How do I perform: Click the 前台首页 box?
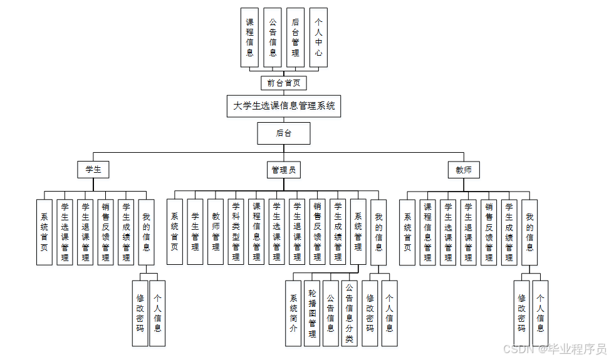[283, 83]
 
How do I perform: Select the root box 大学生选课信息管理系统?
[284, 106]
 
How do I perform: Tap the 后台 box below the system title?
[283, 133]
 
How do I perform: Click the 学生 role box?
[93, 169]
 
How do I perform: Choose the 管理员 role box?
[283, 169]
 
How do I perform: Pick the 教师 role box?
[464, 169]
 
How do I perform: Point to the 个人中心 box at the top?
[318, 37]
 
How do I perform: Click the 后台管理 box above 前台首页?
[296, 37]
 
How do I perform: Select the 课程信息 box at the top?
[250, 37]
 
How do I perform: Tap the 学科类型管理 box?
[236, 230]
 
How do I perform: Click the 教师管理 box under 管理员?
[216, 230]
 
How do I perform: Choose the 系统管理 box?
[358, 230]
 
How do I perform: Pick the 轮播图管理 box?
[312, 312]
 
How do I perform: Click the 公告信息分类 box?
[350, 312]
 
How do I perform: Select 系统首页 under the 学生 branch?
[44, 230]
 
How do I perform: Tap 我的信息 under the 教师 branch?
[529, 230]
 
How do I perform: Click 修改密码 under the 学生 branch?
[140, 312]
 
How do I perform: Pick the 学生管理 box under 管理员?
[195, 230]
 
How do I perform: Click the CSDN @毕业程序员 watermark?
[554, 348]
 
